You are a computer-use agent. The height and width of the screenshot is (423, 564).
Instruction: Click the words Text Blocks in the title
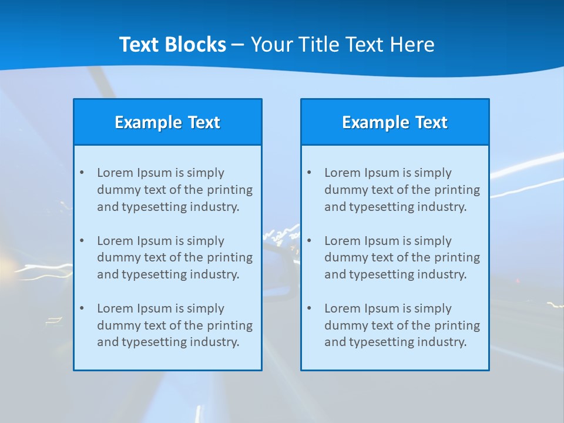[x=172, y=45]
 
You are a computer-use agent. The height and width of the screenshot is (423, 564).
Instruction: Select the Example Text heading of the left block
[x=167, y=122]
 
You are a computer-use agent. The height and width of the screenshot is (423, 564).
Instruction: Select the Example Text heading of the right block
[x=395, y=122]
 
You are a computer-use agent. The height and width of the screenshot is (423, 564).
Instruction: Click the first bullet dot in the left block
[x=82, y=173]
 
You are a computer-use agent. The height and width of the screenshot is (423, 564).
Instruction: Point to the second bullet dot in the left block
[x=82, y=241]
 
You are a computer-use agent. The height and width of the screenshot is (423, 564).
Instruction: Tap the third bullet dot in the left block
[x=82, y=308]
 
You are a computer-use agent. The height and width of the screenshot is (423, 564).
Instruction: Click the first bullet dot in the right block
[x=309, y=173]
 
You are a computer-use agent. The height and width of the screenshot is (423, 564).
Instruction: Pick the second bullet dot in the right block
[x=309, y=241]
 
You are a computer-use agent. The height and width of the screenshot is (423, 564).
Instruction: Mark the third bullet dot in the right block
[x=309, y=308]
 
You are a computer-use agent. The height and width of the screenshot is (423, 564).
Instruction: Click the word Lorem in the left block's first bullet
[x=115, y=173]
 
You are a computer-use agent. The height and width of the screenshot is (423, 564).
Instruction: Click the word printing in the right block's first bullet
[x=458, y=190]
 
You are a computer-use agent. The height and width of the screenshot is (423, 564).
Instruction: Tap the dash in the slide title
[x=238, y=45]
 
